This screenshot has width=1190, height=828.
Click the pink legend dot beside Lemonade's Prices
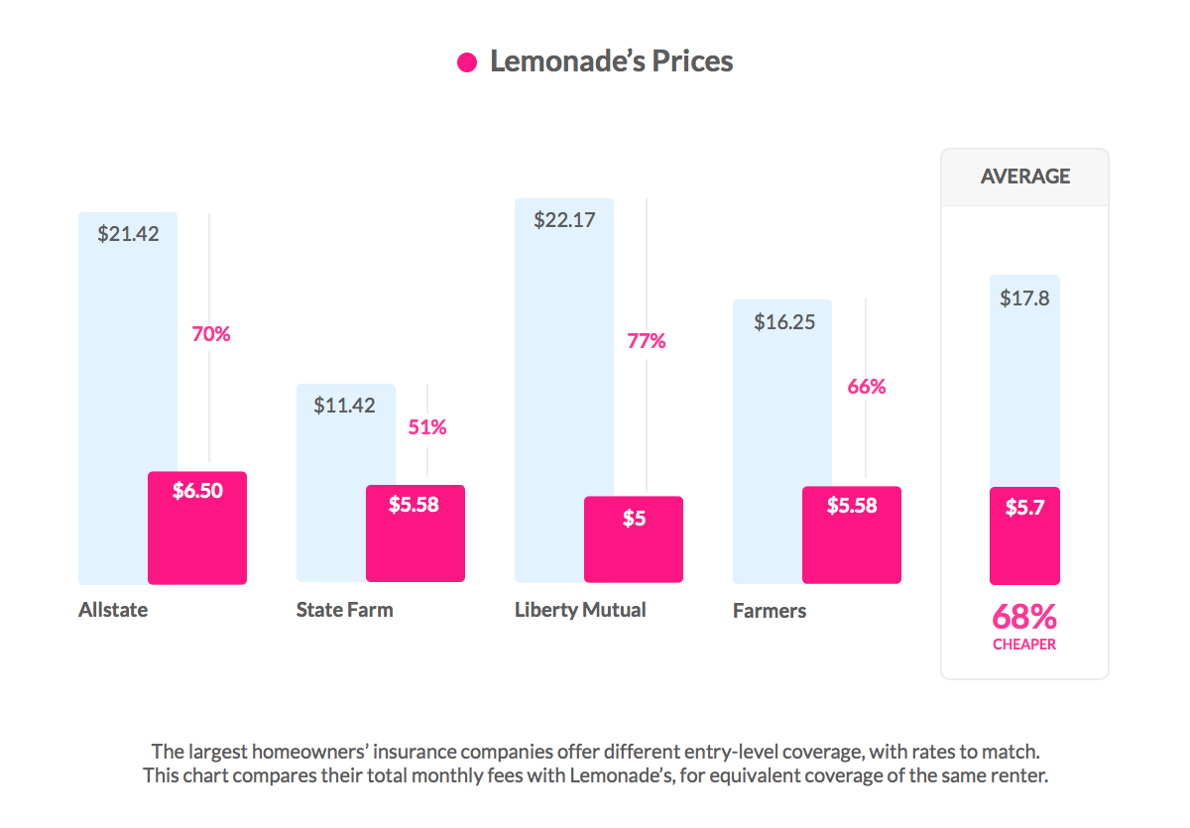[467, 62]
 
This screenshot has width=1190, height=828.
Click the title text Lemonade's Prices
[611, 61]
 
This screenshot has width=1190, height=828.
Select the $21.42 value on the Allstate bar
[128, 235]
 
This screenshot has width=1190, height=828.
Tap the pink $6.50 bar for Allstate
[197, 528]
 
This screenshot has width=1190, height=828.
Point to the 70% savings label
[210, 335]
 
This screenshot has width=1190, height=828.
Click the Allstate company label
[113, 610]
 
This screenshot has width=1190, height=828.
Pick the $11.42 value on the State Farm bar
[344, 406]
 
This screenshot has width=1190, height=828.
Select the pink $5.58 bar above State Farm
[415, 533]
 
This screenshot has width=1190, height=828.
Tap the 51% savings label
[427, 428]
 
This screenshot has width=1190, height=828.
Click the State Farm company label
[344, 610]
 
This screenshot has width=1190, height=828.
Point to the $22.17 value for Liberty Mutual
[564, 220]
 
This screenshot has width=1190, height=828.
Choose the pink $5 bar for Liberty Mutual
[634, 538]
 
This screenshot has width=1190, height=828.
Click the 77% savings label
[647, 342]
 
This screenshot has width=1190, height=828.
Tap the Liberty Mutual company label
[580, 610]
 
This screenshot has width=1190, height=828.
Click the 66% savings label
[866, 388]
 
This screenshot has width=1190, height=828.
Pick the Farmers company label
[770, 611]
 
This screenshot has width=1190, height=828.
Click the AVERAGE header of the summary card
[1024, 177]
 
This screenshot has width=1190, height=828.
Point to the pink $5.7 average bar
[1024, 535]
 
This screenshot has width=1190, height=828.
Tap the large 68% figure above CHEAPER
[1024, 618]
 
